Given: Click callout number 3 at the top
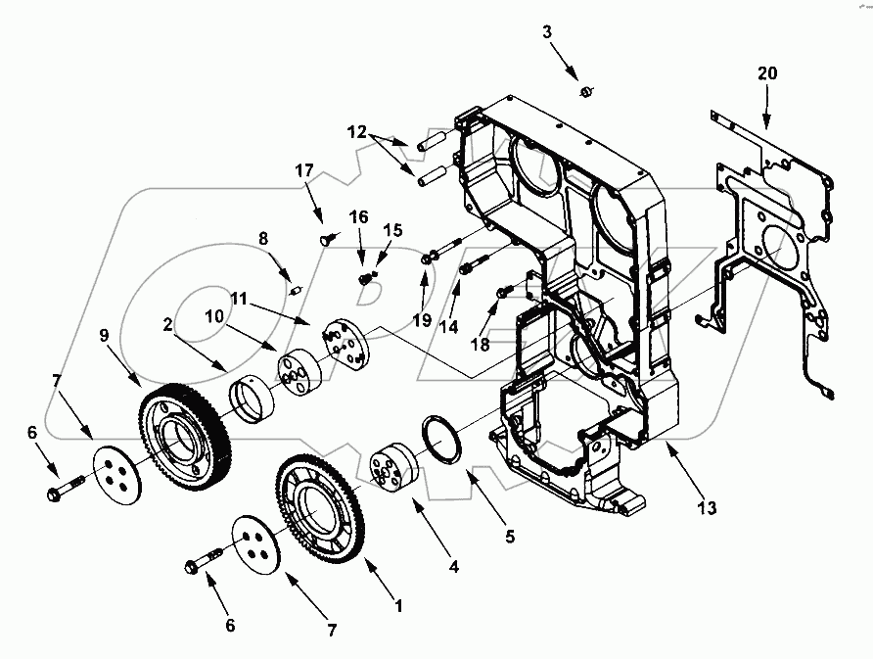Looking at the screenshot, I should click(548, 32).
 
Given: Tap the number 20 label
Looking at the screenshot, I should click(767, 73).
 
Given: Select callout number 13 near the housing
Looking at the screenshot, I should click(706, 508).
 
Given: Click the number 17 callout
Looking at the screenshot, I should click(303, 170).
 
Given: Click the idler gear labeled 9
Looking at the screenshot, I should click(186, 440).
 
